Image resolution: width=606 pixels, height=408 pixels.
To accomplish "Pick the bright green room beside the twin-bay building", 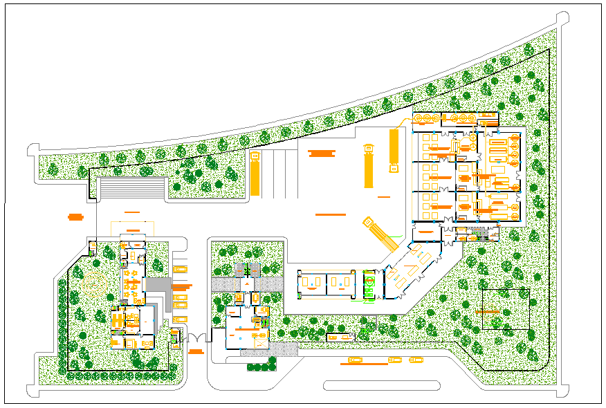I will point(369,285).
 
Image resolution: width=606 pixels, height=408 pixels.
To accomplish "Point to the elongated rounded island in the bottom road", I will point(383,385).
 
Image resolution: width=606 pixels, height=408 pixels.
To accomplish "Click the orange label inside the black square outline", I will point(496,313).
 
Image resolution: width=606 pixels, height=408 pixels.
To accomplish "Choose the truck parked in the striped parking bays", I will point(256,174).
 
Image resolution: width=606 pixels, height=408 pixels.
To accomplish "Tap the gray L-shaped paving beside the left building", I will point(161,290).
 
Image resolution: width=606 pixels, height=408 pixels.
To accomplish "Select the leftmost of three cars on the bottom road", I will point(355,360).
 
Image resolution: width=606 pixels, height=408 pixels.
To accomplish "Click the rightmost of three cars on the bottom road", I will point(416,360).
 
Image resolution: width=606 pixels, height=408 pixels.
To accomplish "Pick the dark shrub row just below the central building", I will point(261,367).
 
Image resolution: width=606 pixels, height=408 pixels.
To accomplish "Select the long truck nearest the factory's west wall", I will point(394,149).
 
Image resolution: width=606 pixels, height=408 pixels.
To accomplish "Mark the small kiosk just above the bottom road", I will point(339,337).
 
